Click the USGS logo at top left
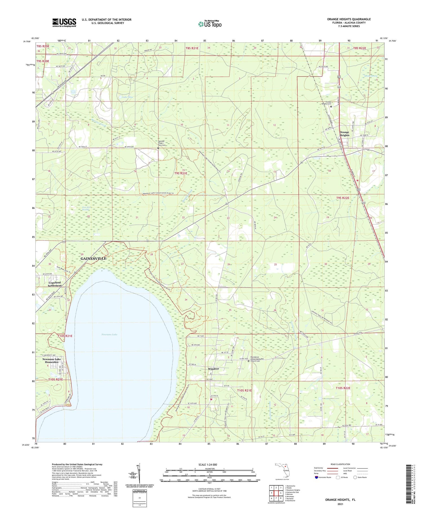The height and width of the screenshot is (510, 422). [x=64, y=22]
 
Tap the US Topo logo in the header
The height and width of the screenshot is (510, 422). [x=210, y=24]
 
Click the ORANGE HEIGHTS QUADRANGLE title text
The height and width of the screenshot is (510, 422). [x=349, y=19]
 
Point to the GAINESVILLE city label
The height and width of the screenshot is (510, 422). [x=93, y=258]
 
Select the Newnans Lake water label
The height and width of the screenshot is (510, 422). [x=109, y=334]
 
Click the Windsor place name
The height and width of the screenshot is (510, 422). [x=214, y=369]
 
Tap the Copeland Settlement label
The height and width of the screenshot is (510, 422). [x=55, y=284]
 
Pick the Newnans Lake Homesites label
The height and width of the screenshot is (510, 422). [x=51, y=361]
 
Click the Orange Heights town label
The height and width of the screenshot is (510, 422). [x=344, y=133]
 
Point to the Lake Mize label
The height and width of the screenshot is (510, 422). [x=127, y=97]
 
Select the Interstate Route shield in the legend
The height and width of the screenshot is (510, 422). [x=316, y=477]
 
